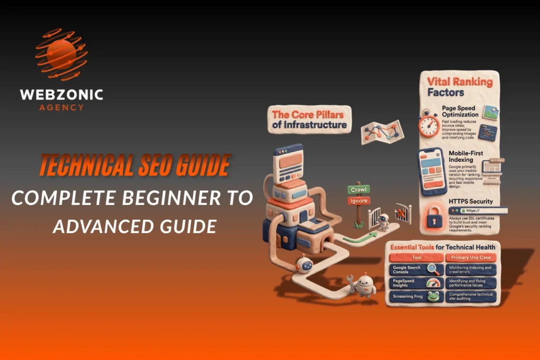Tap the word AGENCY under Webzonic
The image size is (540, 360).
[x=61, y=107]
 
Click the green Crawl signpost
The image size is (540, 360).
[x=358, y=189]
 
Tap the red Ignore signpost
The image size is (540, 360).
[x=358, y=200]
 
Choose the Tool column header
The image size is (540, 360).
[x=416, y=258]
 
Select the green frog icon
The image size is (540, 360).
[x=433, y=297]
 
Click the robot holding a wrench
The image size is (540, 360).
[x=363, y=285]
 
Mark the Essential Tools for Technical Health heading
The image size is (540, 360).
[x=443, y=247]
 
